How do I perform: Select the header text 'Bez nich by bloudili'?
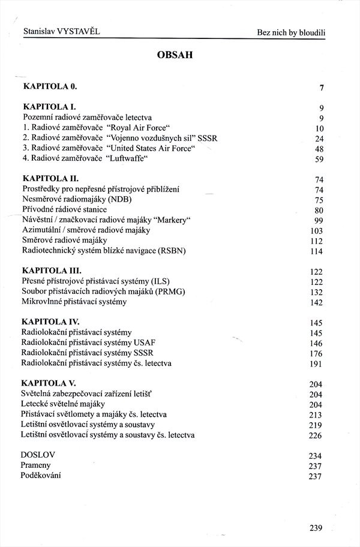click(295, 30)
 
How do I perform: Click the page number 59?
click(319, 160)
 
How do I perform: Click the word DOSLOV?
click(38, 455)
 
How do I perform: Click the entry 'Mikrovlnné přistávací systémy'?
click(74, 302)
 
